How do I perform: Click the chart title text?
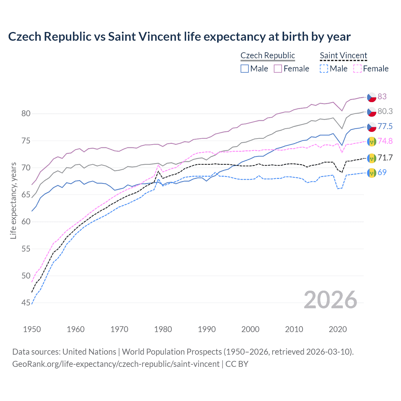pos(179,37)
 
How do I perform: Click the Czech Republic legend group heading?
pos(268,55)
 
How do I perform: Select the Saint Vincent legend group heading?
pos(343,55)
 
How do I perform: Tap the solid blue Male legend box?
pos(245,69)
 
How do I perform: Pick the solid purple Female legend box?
pos(278,69)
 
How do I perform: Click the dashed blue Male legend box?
pos(324,69)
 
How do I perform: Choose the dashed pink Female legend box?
pos(357,69)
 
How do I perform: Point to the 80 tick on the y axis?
pos(26,113)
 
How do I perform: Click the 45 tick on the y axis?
pos(26,303)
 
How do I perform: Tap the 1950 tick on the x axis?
pos(32,329)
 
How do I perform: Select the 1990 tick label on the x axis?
pos(207,329)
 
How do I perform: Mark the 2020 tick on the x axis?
pos(338,329)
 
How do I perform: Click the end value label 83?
pos(382,96)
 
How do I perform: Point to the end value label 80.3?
pos(385,111)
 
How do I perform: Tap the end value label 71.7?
pos(385,158)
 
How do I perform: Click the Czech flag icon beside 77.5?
pos(372,127)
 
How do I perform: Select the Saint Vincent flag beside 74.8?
pos(372,141)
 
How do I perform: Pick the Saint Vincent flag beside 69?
pos(372,173)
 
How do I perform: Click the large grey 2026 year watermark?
pos(330,300)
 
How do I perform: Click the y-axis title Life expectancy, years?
pos(13,200)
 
